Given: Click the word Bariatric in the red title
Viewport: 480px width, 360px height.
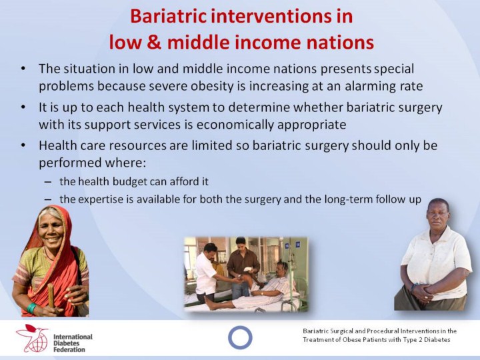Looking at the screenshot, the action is [169, 16].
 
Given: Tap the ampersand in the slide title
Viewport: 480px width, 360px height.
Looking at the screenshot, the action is [154, 42].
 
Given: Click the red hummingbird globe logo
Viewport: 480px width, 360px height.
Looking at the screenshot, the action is [33, 338].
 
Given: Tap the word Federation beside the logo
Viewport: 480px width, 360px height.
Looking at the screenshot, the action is [69, 349].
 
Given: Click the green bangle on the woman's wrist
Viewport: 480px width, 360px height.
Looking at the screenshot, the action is [31, 308].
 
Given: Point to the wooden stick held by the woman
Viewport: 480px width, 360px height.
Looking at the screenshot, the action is [51, 296].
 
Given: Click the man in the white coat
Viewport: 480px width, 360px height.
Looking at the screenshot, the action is [208, 273].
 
